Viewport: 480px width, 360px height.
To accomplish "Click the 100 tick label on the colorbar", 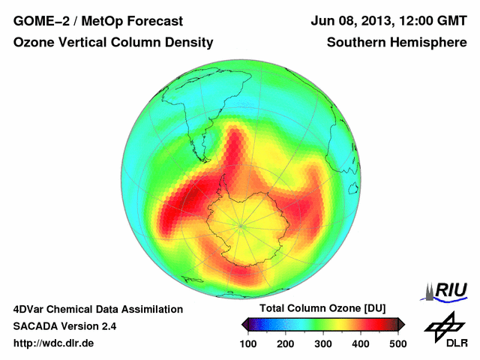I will coord(249,343).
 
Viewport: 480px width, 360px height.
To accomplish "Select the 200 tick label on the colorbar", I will coord(286,343).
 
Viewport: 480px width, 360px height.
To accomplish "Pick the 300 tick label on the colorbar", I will coord(323,343).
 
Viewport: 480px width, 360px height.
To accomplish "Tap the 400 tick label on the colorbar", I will coord(361,343).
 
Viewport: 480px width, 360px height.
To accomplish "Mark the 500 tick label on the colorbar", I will coord(397,343).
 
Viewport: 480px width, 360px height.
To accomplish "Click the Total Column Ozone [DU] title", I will coord(322,309).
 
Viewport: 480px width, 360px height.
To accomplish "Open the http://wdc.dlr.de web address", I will coord(54,343).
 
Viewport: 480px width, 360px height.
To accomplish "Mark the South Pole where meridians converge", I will coord(241,225).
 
